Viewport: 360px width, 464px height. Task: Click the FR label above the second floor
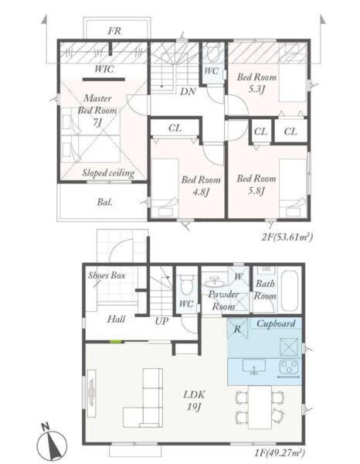click(114, 31)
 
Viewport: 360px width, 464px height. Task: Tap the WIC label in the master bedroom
click(104, 69)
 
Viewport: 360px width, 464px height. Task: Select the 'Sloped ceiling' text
click(108, 172)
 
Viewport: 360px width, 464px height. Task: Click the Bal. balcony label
click(104, 202)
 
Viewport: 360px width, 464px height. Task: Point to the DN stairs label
click(188, 91)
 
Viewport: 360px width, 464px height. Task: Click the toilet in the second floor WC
click(212, 53)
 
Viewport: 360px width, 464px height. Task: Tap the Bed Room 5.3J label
click(256, 83)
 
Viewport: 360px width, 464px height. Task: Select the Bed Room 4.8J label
click(201, 186)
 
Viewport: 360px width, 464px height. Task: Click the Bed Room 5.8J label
click(256, 185)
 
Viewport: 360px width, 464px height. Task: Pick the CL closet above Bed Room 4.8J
click(175, 128)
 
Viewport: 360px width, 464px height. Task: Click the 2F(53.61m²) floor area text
click(287, 237)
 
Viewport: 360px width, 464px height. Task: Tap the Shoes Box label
click(107, 275)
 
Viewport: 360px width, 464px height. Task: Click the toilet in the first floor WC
click(186, 285)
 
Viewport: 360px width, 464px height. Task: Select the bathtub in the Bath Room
click(290, 290)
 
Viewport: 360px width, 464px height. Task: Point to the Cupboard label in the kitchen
click(276, 323)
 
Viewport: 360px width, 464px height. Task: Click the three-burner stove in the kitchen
click(289, 368)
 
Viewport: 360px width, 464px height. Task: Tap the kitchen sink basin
click(254, 367)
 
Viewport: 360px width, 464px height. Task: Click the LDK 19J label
click(194, 401)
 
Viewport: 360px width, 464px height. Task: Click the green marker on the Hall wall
click(116, 342)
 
